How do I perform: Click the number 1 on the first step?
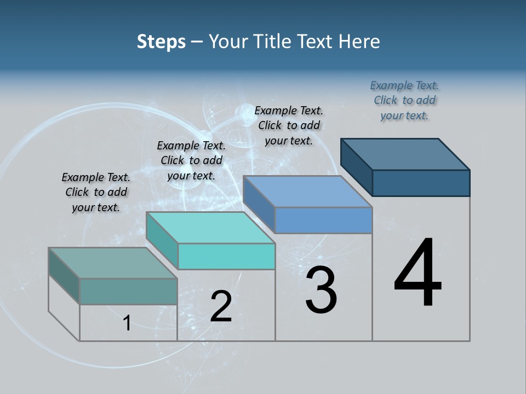127,323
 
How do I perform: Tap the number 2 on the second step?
221,306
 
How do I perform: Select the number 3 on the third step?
321,291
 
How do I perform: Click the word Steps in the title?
161,42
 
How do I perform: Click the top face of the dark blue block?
405,154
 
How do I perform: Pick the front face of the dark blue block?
421,183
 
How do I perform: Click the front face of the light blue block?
323,220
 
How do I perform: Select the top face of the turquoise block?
210,228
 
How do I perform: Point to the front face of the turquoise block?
226,256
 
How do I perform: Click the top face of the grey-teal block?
113,263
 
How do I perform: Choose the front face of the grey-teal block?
128,291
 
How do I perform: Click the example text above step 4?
404,100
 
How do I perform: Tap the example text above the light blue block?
289,125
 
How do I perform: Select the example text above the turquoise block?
191,160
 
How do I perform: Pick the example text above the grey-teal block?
96,192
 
